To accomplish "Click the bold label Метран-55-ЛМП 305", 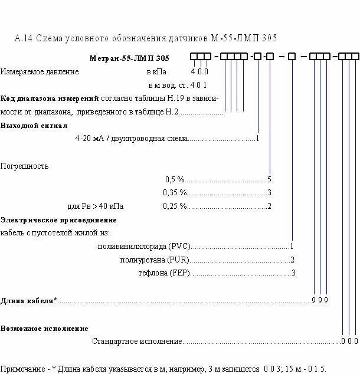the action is point(129,58).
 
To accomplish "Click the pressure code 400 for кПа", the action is point(199,71).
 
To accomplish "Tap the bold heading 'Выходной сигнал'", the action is point(34,126).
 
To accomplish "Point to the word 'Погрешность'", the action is point(24,166).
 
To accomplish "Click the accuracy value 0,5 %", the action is point(175,179).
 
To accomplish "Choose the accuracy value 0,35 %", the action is point(175,192).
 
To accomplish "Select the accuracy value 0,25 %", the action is point(175,206).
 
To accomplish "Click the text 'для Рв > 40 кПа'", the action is point(96,206).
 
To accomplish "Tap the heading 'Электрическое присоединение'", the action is point(58,220).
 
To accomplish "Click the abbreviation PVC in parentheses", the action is point(179,246).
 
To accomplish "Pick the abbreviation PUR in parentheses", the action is point(178,260).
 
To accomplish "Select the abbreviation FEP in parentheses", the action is point(179,273).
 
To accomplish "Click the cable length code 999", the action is point(320,300).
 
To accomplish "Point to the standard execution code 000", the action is point(350,341).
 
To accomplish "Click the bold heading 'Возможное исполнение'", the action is point(44,329).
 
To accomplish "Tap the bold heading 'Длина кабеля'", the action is point(27,300).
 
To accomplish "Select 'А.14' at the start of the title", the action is point(24,38).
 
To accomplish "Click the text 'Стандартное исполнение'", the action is point(137,342).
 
